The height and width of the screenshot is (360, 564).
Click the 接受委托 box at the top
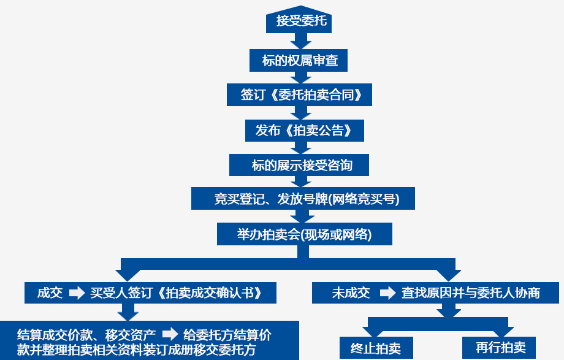(301, 21)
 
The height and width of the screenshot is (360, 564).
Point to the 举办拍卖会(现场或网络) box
(304, 234)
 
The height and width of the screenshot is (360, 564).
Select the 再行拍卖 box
(500, 347)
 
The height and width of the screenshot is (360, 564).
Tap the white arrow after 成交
(77, 293)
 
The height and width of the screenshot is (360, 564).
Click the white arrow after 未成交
(387, 293)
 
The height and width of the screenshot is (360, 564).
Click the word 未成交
(351, 293)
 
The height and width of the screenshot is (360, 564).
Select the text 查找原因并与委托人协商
(470, 293)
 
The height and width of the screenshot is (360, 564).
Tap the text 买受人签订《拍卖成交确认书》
(176, 293)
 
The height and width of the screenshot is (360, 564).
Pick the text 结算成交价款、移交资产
(86, 335)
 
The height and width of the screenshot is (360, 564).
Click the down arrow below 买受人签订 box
(128, 312)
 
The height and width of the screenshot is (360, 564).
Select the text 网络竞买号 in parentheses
(365, 199)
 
